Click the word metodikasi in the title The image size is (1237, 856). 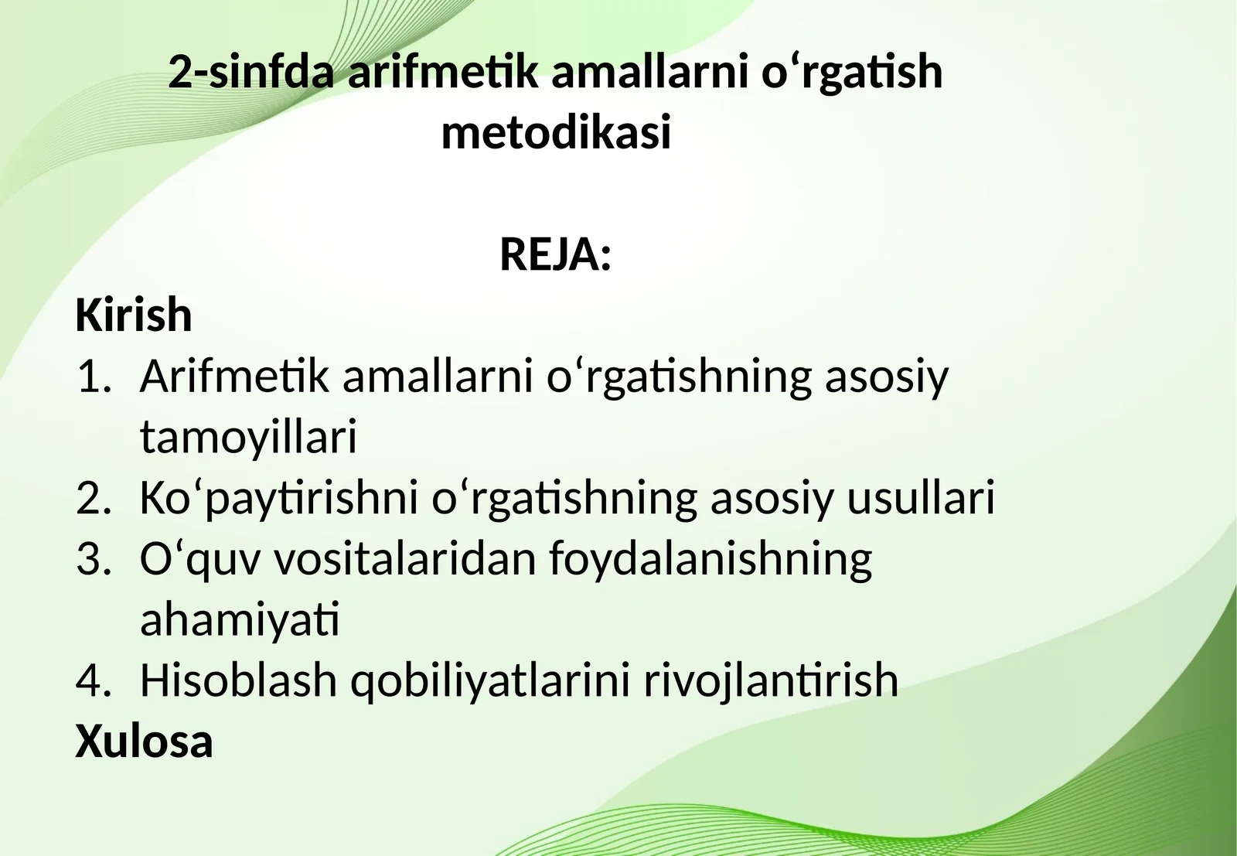click(x=556, y=132)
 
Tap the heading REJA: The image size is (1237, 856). click(x=556, y=254)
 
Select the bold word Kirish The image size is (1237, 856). click(x=134, y=315)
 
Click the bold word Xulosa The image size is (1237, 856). click(x=144, y=741)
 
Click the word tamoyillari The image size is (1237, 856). click(x=248, y=437)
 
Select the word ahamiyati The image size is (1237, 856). click(x=240, y=619)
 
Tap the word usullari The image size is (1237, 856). click(x=920, y=498)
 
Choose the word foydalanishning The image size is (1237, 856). click(x=711, y=559)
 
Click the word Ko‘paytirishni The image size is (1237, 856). click(x=279, y=498)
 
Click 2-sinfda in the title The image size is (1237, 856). click(x=251, y=72)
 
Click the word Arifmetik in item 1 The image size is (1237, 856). click(x=234, y=377)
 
